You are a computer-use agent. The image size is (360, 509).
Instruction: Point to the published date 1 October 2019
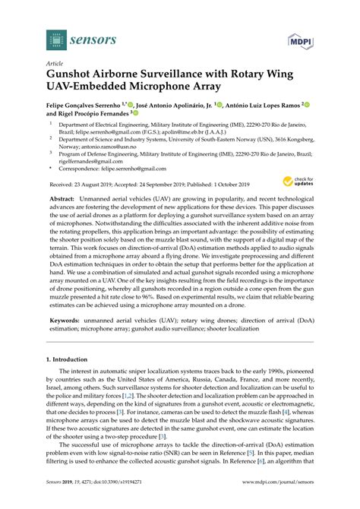coord(225,185)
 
